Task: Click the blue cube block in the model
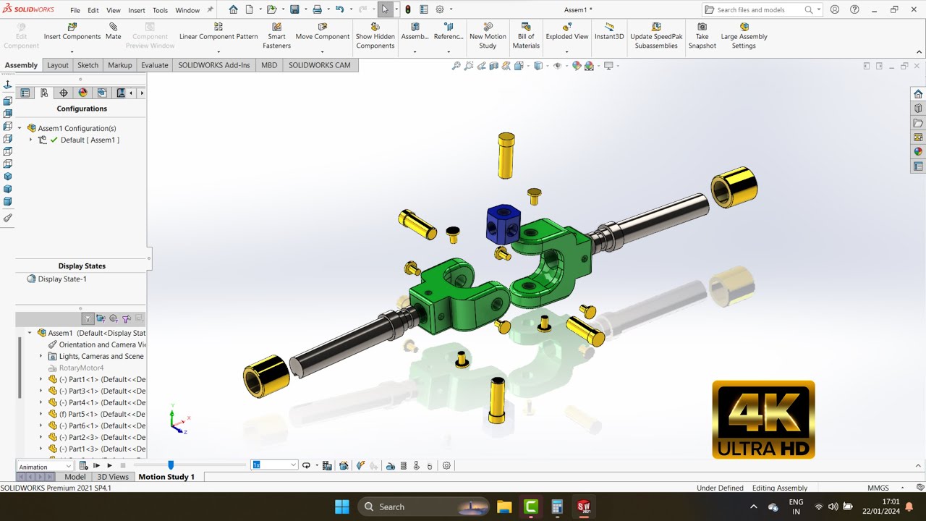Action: coord(501,224)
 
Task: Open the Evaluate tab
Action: coord(154,65)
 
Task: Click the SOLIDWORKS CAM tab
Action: coord(319,65)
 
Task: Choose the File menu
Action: coord(75,10)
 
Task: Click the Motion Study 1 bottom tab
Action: coord(166,477)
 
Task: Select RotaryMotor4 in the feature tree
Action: coord(81,368)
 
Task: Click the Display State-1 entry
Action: coord(62,279)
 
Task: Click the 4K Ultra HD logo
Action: coord(763,420)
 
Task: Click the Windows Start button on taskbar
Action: coord(342,507)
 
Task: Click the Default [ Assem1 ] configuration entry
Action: coord(90,140)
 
